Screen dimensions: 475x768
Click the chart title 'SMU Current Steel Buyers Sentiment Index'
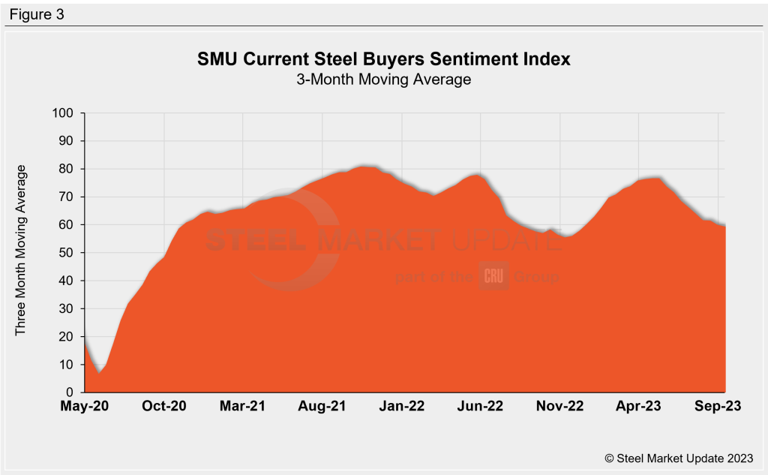(x=383, y=59)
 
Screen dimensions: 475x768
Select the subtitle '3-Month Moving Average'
(x=383, y=79)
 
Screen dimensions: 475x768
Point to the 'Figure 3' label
(x=36, y=14)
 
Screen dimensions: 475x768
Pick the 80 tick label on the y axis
(x=67, y=169)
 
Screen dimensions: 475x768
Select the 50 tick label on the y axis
(x=67, y=253)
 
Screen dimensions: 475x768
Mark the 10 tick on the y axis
(x=67, y=365)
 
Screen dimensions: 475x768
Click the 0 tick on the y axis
(x=70, y=392)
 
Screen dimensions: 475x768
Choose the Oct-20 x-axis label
(x=164, y=406)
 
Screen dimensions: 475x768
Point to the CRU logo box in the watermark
(x=493, y=276)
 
